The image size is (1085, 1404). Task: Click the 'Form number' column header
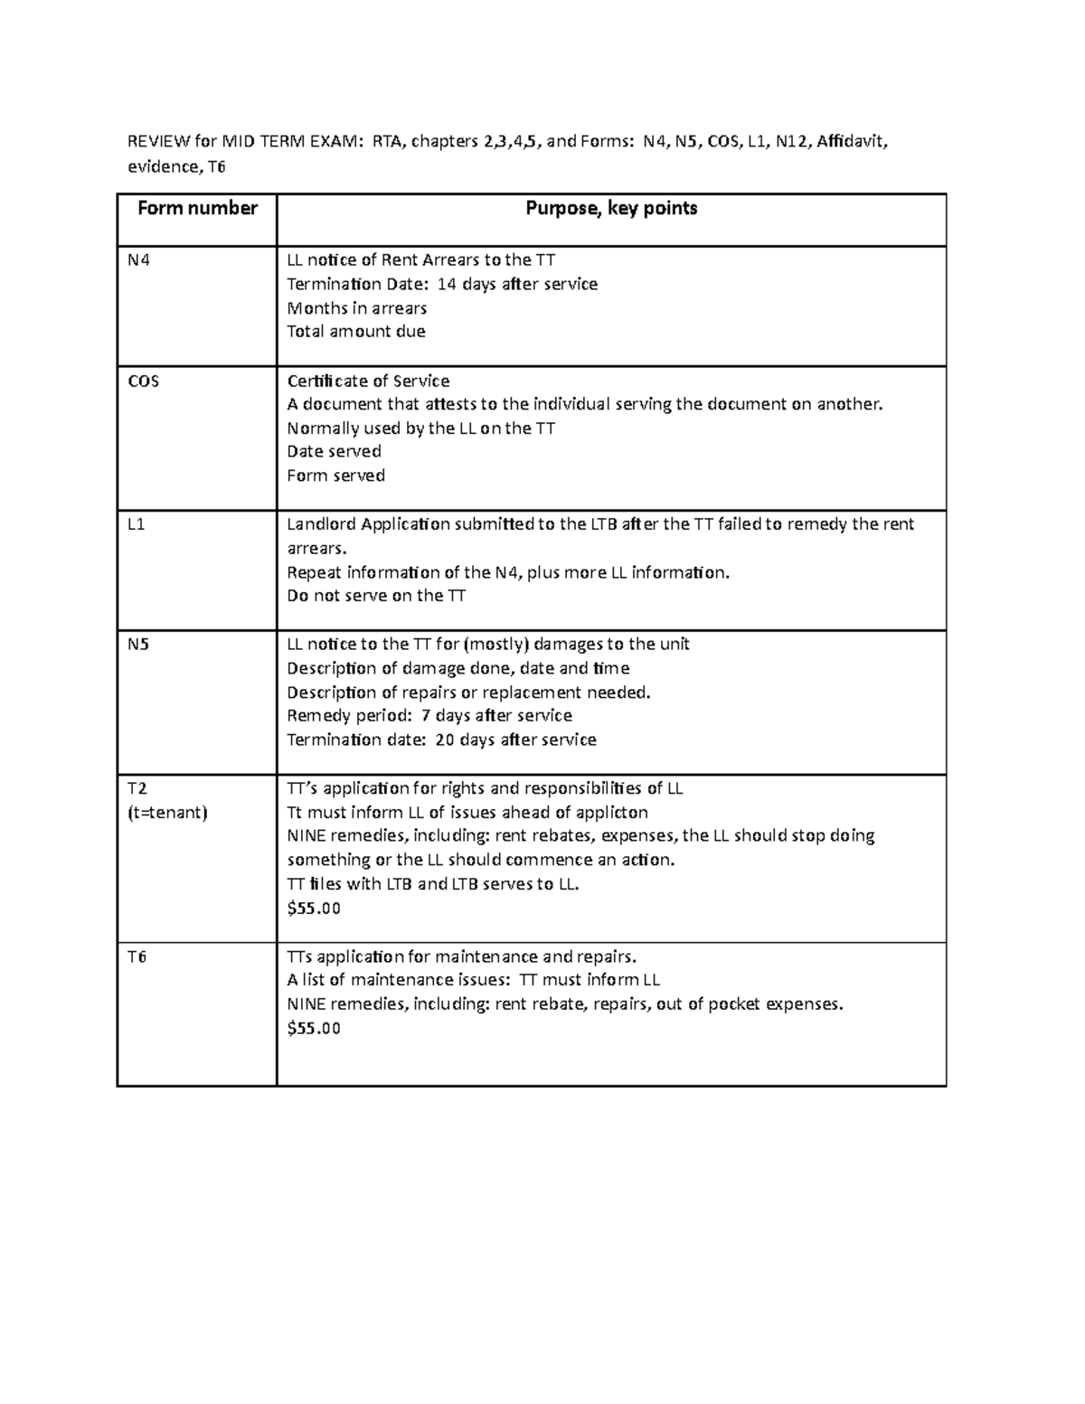pyautogui.click(x=197, y=209)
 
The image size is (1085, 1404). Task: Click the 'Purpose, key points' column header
pyautogui.click(x=611, y=209)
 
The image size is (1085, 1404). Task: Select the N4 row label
pyautogui.click(x=137, y=260)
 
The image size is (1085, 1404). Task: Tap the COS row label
pyautogui.click(x=142, y=382)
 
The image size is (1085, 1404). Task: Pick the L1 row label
pyautogui.click(x=136, y=524)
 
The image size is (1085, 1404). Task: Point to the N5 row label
pyautogui.click(x=137, y=645)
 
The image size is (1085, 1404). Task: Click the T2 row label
pyautogui.click(x=137, y=788)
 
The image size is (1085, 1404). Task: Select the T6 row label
pyautogui.click(x=137, y=956)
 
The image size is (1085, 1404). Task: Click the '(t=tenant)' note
pyautogui.click(x=167, y=813)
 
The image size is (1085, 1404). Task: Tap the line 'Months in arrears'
pyautogui.click(x=356, y=308)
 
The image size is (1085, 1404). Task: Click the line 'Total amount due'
pyautogui.click(x=355, y=332)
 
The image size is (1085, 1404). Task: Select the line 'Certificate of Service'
pyautogui.click(x=368, y=382)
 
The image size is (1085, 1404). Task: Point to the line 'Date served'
pyautogui.click(x=334, y=451)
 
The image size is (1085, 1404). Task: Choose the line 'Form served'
pyautogui.click(x=335, y=476)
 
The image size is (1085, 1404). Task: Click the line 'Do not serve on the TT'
pyautogui.click(x=376, y=596)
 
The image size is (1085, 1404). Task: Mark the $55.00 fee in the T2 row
pyautogui.click(x=313, y=909)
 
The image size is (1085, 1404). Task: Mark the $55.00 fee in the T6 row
pyautogui.click(x=313, y=1028)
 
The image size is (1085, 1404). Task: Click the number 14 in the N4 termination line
pyautogui.click(x=447, y=285)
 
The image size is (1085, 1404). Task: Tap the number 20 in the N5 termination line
pyautogui.click(x=445, y=740)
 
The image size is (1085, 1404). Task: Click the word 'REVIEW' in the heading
pyautogui.click(x=159, y=141)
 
